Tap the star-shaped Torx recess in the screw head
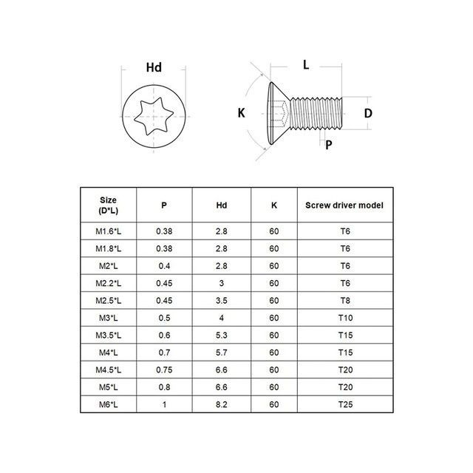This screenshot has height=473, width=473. click(153, 118)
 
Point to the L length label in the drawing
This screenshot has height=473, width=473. click(306, 65)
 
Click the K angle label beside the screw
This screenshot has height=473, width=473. click(241, 113)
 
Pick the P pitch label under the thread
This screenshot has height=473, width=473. click(328, 144)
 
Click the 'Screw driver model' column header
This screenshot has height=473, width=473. click(344, 205)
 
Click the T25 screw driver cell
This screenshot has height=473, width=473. click(344, 404)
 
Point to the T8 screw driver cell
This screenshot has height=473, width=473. click(344, 301)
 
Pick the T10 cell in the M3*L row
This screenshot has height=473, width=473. click(344, 319)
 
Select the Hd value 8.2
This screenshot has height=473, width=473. click(222, 404)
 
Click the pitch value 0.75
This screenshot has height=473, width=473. click(164, 370)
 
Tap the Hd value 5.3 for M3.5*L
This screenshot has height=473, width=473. click(222, 336)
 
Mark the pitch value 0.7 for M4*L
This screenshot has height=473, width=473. click(164, 353)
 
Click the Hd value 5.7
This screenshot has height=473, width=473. click(222, 353)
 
